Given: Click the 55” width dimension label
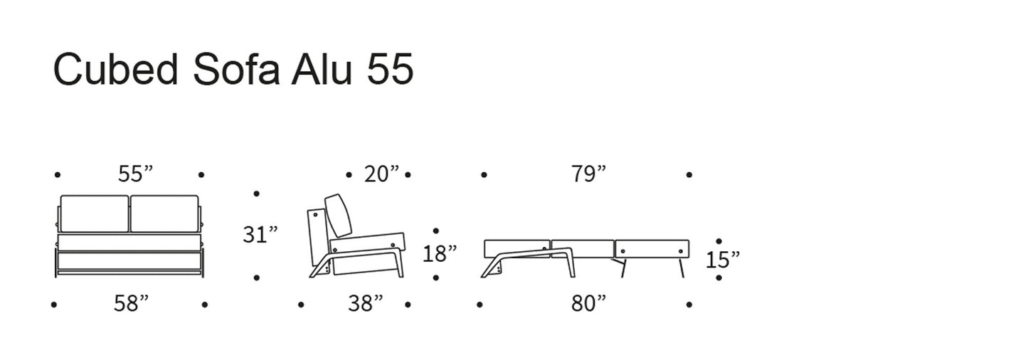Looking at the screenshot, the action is coord(135,174).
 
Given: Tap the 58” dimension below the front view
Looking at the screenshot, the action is coord(131,303).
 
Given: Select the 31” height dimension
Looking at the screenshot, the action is coord(260,234).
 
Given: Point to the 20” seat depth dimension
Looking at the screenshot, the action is coord(382,174).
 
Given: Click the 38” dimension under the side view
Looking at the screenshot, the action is coord(365,303).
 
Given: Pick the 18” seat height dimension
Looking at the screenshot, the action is coord(440,253).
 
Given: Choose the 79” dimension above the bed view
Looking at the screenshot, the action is coord(589,174).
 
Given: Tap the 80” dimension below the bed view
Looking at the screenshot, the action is coord(589,303).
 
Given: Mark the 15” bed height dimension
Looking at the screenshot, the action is coord(723,260).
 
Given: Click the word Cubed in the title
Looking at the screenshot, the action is coord(116,69).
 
